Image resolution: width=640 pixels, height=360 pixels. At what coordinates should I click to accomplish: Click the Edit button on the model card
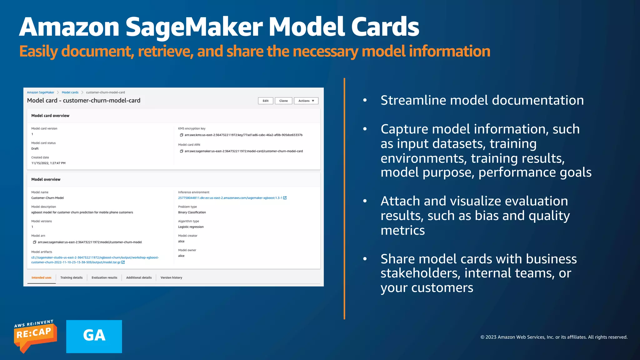(x=265, y=101)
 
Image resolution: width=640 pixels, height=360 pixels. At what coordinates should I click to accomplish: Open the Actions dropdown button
(x=306, y=101)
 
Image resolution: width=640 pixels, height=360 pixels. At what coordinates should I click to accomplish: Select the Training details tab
(x=71, y=277)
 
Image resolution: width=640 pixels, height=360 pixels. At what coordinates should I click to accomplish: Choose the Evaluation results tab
(x=104, y=277)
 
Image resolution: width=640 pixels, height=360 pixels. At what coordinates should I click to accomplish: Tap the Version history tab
(x=171, y=277)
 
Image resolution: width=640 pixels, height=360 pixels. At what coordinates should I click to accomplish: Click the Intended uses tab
(x=41, y=277)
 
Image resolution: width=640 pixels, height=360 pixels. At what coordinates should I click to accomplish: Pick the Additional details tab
(x=139, y=277)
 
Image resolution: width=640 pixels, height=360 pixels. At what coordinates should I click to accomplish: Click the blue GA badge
(x=94, y=336)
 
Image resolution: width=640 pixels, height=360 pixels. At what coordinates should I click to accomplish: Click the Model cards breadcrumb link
(x=70, y=92)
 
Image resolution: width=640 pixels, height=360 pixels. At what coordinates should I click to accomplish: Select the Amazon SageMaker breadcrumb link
(x=40, y=92)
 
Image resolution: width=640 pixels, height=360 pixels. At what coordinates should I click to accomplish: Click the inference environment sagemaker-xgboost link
(x=230, y=198)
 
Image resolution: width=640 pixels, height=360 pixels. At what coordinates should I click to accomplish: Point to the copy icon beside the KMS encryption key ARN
(x=181, y=135)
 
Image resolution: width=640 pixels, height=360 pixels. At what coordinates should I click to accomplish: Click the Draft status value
(x=35, y=149)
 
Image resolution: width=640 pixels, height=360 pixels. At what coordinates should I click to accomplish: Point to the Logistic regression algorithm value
(x=191, y=227)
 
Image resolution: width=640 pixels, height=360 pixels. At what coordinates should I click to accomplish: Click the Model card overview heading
(x=50, y=116)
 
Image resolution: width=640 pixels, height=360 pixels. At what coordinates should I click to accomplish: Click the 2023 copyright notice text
(x=554, y=337)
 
